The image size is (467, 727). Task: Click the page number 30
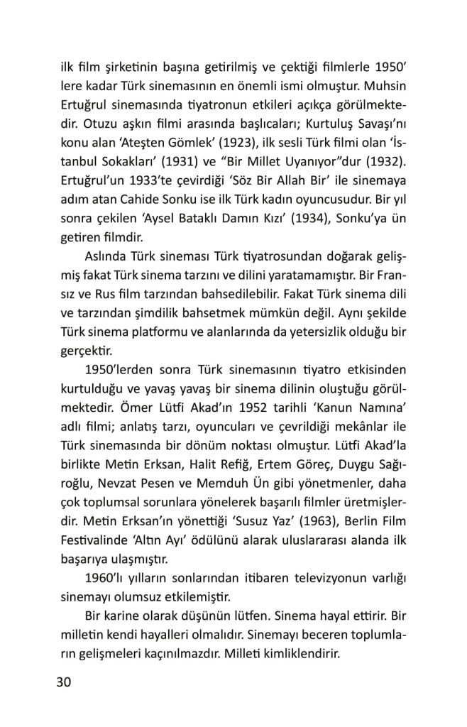pyautogui.click(x=64, y=682)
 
